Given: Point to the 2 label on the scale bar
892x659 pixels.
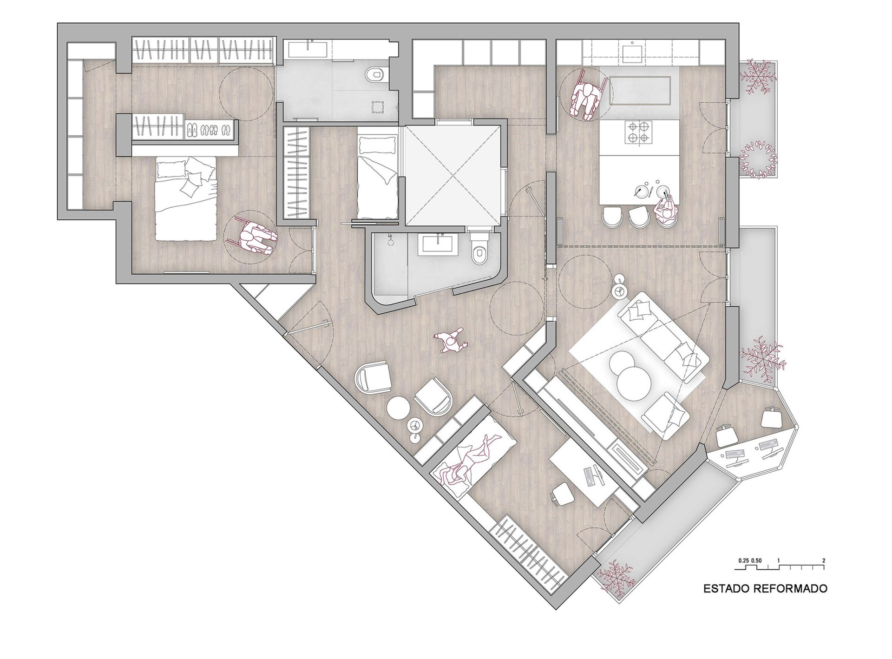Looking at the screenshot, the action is point(824,560).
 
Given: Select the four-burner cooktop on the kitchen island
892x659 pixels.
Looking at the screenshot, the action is point(640,132).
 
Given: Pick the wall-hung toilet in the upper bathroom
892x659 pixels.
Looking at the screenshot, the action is point(374,74).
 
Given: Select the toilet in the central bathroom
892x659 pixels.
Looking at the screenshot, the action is point(478,248).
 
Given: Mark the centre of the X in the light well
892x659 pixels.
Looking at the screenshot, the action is point(452,177).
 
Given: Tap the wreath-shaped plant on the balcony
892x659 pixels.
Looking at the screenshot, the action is point(757,159).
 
